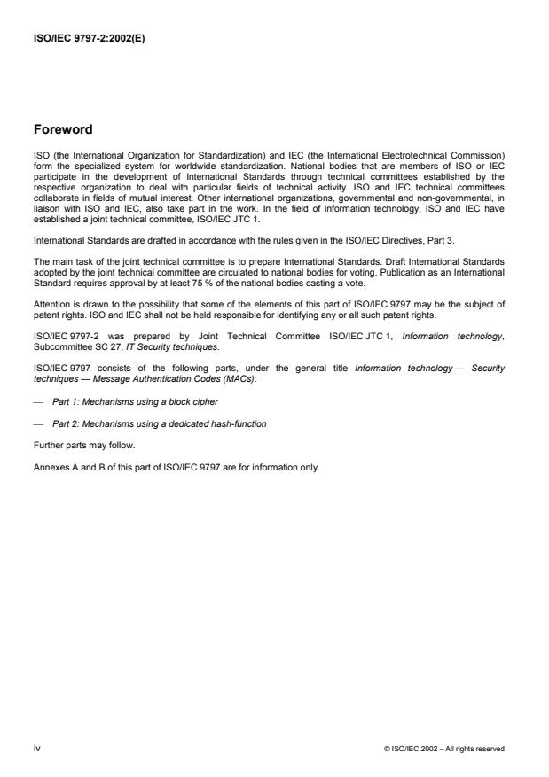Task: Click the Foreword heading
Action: tap(62, 129)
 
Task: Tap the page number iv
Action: tap(37, 748)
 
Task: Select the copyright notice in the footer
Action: tap(443, 749)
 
